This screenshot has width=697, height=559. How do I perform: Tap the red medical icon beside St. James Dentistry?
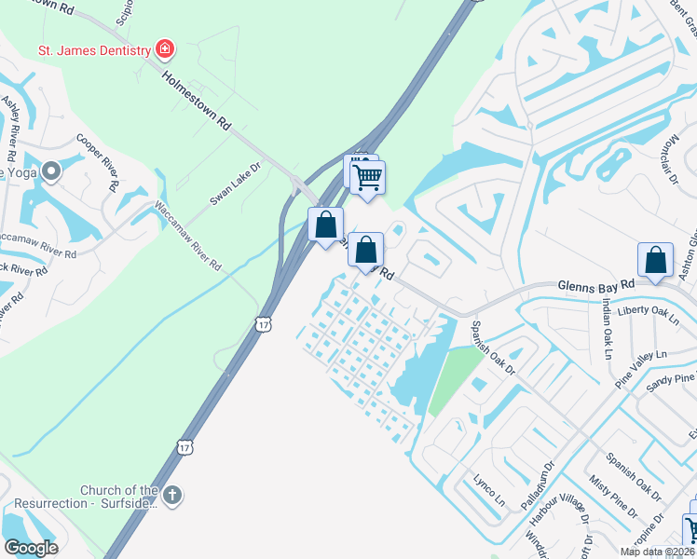click(x=165, y=48)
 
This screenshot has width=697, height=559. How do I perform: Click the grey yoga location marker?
click(x=51, y=171)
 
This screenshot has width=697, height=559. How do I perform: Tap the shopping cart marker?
click(x=369, y=175)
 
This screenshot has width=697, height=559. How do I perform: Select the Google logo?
click(x=31, y=548)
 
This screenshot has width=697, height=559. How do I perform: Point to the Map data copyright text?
click(x=656, y=552)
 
